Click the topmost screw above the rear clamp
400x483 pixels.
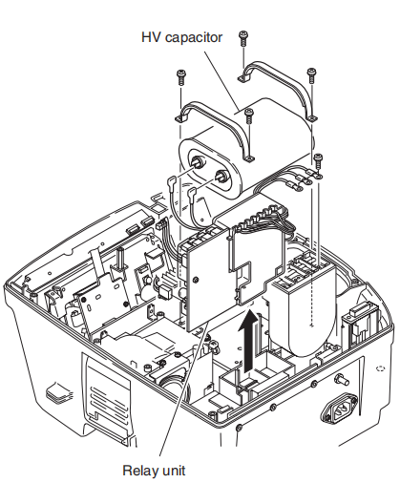coord(244,35)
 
